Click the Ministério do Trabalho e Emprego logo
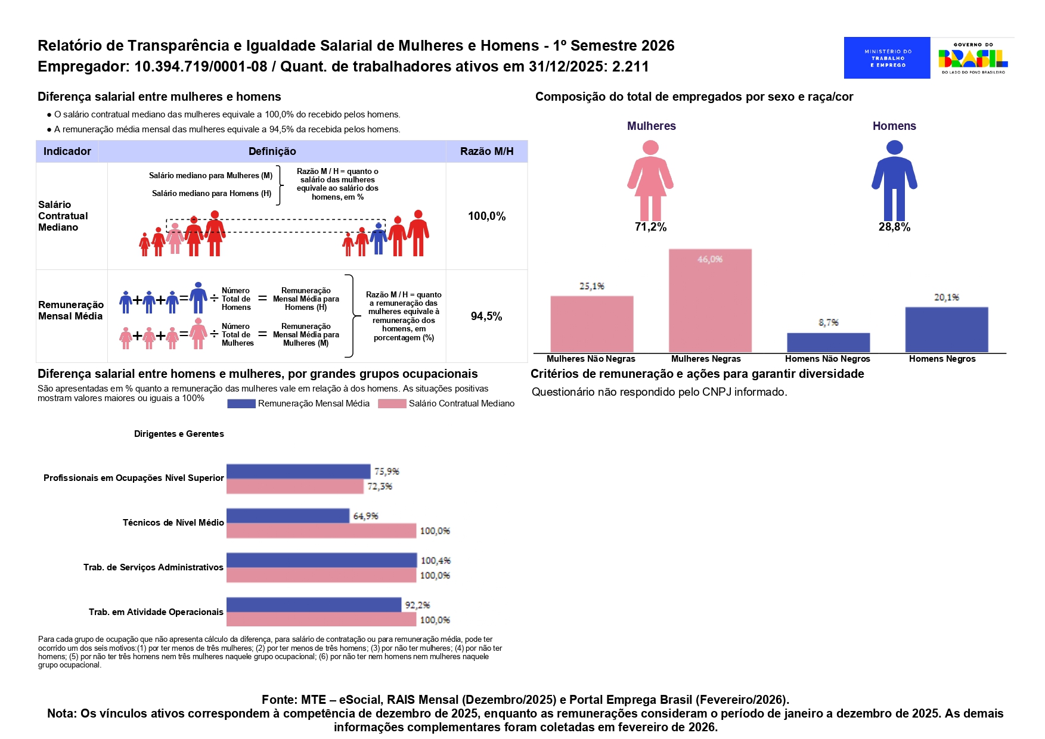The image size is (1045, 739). [x=886, y=58]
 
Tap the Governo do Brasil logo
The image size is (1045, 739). [x=973, y=58]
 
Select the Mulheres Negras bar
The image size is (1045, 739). [x=710, y=300]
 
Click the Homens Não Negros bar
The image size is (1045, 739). [x=828, y=343]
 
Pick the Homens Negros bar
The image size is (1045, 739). [x=947, y=330]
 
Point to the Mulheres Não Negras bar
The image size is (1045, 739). [x=592, y=324]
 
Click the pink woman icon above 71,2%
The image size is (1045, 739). [x=650, y=181]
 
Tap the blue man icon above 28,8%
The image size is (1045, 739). [x=894, y=181]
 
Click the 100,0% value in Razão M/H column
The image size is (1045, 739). [x=486, y=216]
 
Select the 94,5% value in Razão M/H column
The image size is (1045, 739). [x=486, y=316]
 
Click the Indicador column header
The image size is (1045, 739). [x=67, y=151]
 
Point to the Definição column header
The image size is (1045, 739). [x=272, y=151]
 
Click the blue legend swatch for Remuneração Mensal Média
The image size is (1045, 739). [x=241, y=403]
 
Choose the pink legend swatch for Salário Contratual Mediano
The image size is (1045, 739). [x=392, y=403]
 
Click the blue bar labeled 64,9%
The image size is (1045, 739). [x=288, y=516]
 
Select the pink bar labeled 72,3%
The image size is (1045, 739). [x=295, y=486]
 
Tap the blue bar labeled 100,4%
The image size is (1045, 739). [x=322, y=560]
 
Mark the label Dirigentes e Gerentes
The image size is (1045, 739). [x=179, y=434]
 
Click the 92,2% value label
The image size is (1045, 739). [x=417, y=605]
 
